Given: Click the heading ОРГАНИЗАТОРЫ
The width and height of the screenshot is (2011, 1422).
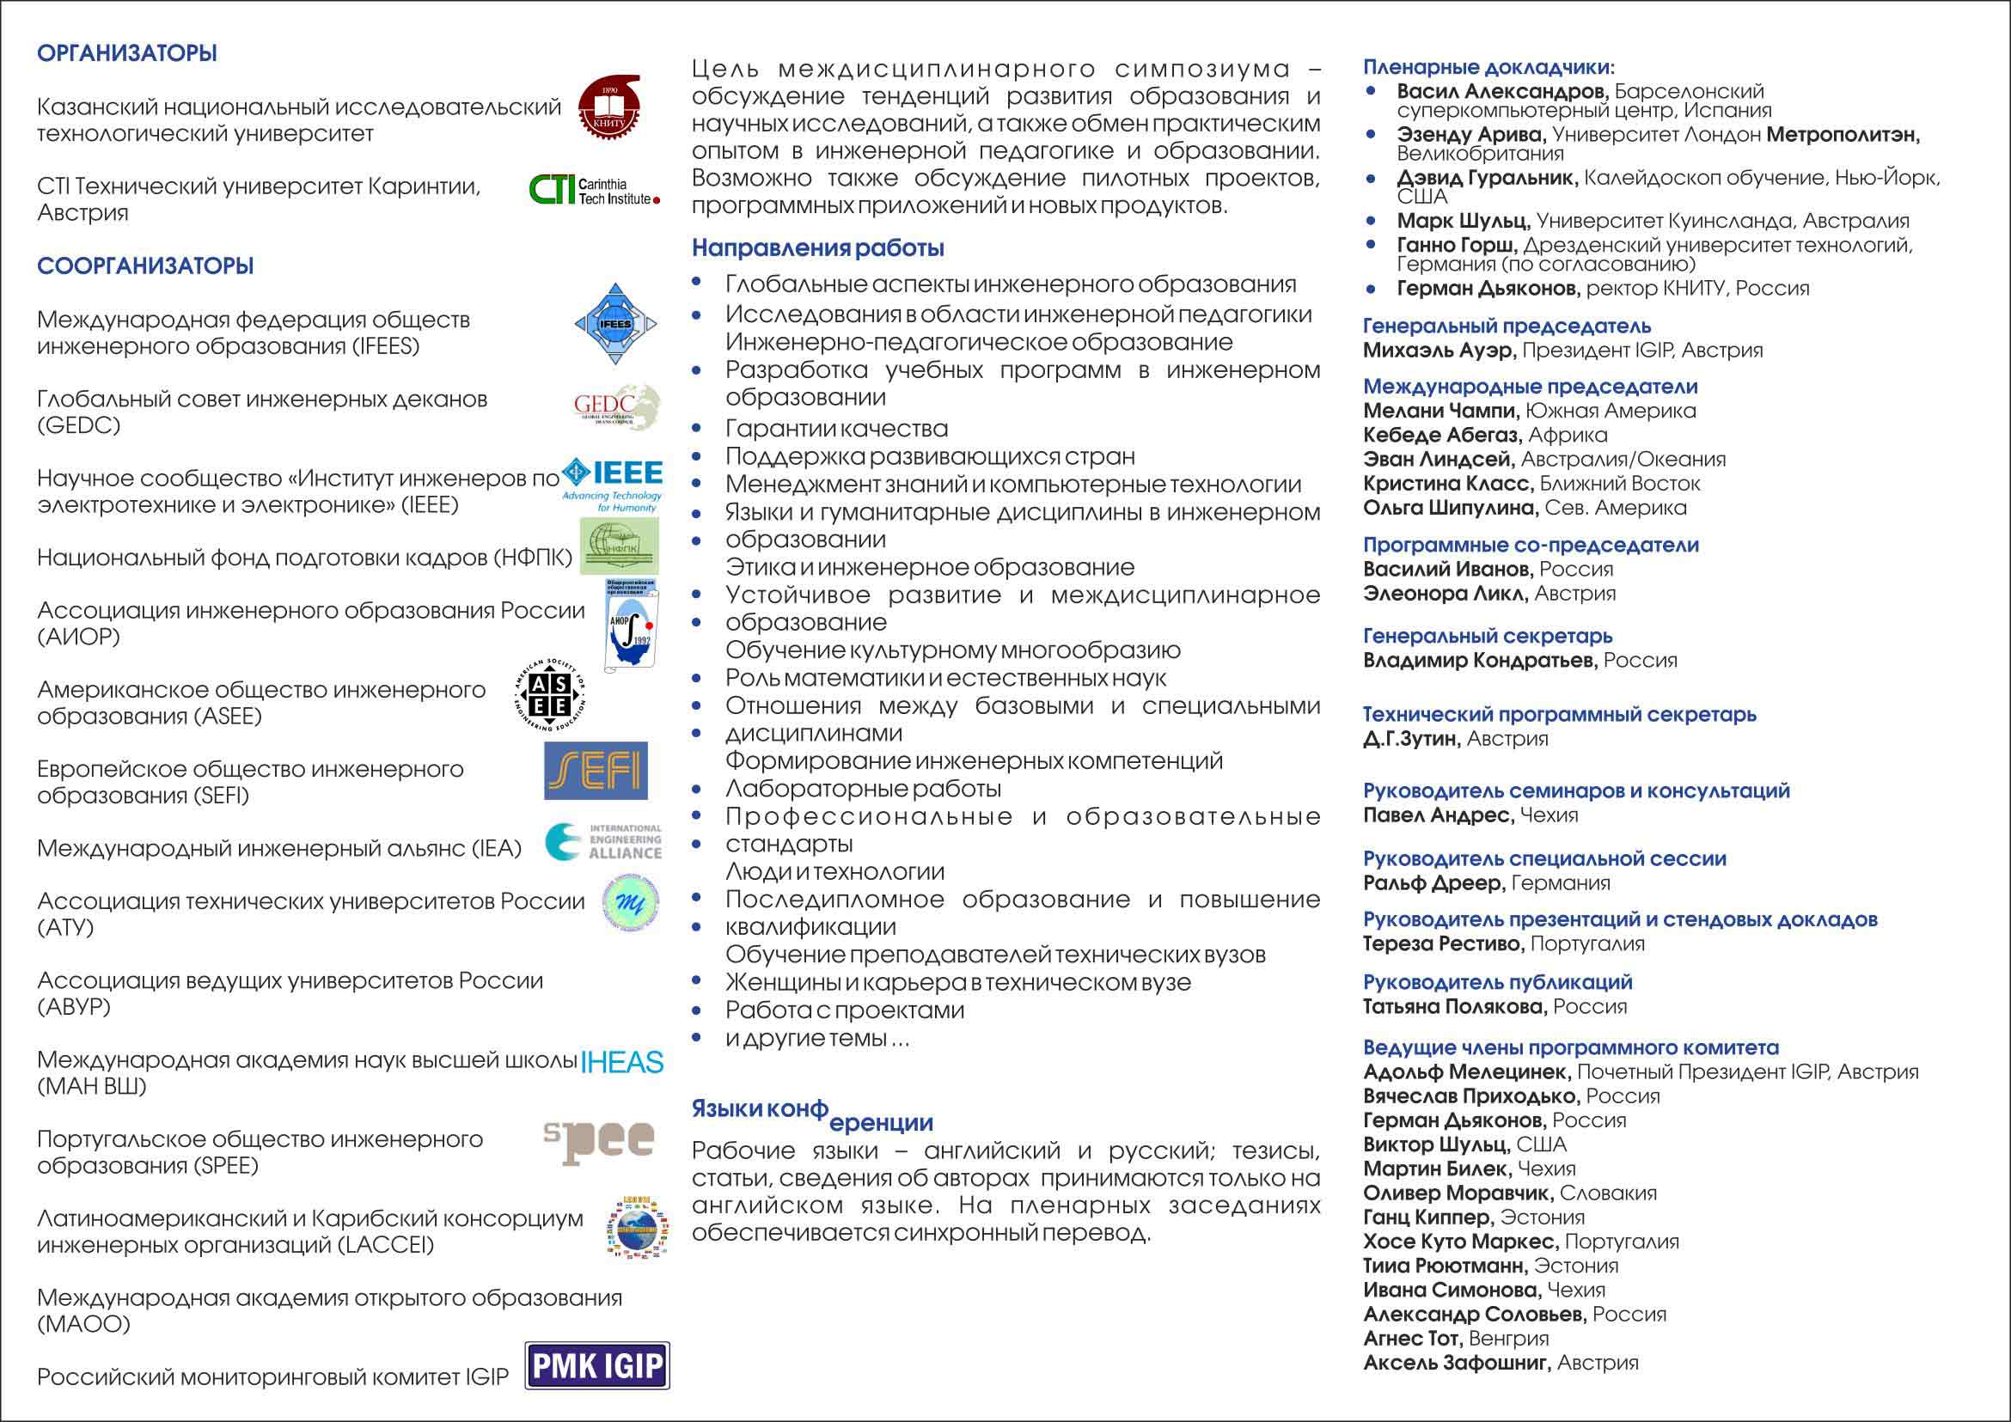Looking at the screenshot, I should pos(127,53).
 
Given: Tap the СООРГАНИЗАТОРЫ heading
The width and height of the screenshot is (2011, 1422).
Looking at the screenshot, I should pos(145,266).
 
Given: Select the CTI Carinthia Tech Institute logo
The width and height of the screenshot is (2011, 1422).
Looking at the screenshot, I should pos(594,189).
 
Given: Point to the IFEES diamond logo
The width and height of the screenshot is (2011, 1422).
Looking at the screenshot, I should pos(615,324).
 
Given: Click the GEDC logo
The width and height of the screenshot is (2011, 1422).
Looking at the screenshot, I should pos(616,407).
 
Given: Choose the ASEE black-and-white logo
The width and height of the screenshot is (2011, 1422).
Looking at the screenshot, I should pos(550,695).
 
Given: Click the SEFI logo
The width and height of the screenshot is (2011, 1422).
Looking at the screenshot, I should pos(596,771).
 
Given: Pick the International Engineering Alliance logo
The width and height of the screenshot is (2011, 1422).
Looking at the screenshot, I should pos(603,841).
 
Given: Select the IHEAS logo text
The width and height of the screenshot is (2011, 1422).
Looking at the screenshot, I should pos(622,1062).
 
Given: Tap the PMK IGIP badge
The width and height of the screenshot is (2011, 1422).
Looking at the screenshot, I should pos(597,1365).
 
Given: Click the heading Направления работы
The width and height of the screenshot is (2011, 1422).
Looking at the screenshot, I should pos(818,248).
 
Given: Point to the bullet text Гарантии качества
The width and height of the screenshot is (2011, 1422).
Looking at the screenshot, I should pos(836,429).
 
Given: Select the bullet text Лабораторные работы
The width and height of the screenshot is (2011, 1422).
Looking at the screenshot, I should pos(863,789).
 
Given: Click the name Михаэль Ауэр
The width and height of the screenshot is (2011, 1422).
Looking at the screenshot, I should pos(1439,351).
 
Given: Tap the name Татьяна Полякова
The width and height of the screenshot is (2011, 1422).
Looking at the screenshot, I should pos(1454,1007).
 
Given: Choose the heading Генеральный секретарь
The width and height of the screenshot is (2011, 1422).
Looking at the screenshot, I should pos(1488,637).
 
